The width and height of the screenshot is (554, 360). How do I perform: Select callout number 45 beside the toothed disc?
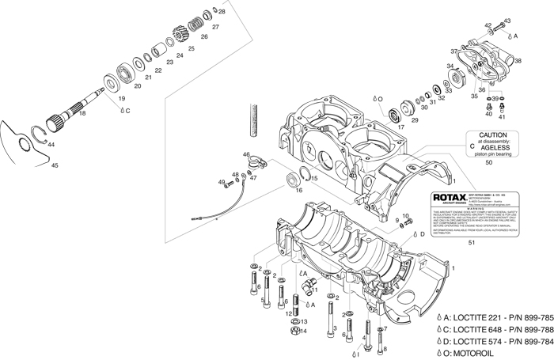(55, 165)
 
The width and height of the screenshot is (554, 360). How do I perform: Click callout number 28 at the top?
(222, 12)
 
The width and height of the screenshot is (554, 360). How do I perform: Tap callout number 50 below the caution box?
(488, 162)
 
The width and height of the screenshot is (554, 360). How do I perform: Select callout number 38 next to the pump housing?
(518, 61)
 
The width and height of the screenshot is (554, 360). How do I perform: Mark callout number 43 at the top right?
(507, 21)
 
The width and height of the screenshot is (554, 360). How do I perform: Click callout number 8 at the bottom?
(385, 349)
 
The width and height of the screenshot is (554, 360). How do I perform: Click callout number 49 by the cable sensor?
(222, 183)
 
